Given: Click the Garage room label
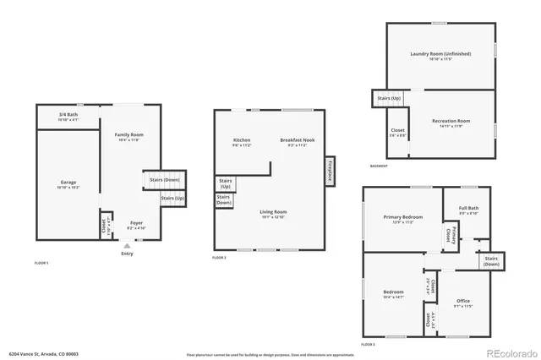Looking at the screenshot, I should (68, 183).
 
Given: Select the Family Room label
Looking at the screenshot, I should (129, 136).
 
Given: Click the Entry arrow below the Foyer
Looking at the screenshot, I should (127, 246).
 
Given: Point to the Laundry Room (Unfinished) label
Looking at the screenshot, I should (440, 55).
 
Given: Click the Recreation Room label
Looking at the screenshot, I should (451, 123).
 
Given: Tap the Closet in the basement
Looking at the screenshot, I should (397, 132).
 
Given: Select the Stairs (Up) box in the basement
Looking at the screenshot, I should (385, 99).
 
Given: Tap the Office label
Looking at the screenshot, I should (462, 303).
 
